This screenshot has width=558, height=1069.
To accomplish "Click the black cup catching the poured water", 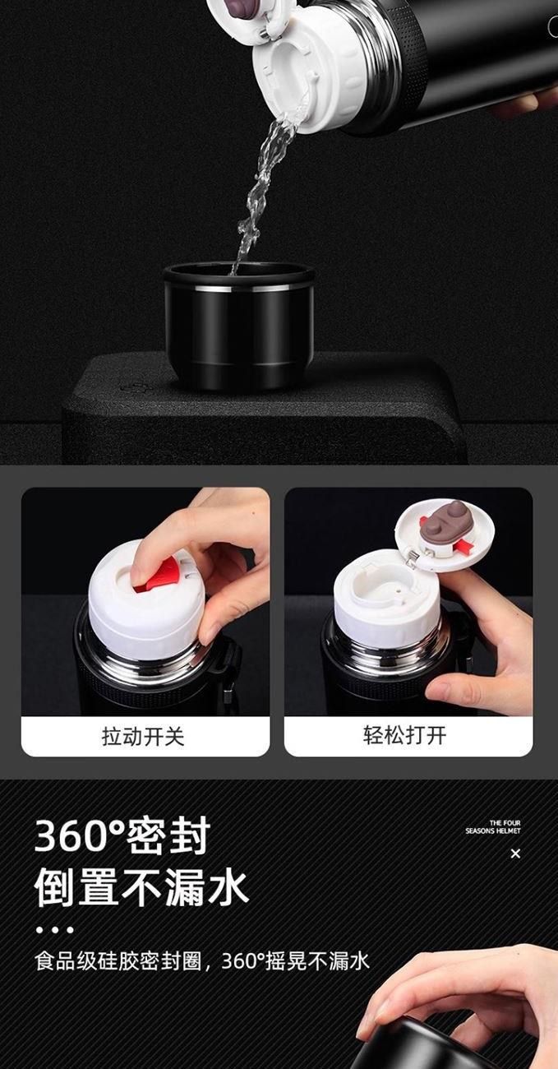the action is (238, 325).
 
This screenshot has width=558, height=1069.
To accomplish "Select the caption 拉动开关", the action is (143, 736).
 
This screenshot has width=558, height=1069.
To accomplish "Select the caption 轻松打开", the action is (405, 735).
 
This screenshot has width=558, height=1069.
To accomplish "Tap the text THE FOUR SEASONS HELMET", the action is (493, 826).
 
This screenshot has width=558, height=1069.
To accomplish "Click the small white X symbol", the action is (515, 854).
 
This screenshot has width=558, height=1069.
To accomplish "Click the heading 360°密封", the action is (122, 835).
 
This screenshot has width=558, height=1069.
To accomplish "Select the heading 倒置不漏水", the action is (141, 887).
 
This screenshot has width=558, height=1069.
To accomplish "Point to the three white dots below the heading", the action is (55, 930).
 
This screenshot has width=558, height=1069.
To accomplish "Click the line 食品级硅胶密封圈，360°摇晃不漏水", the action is (202, 960).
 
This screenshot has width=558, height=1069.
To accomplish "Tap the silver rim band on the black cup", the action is (238, 289).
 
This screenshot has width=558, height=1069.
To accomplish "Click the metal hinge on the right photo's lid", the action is (414, 557).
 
